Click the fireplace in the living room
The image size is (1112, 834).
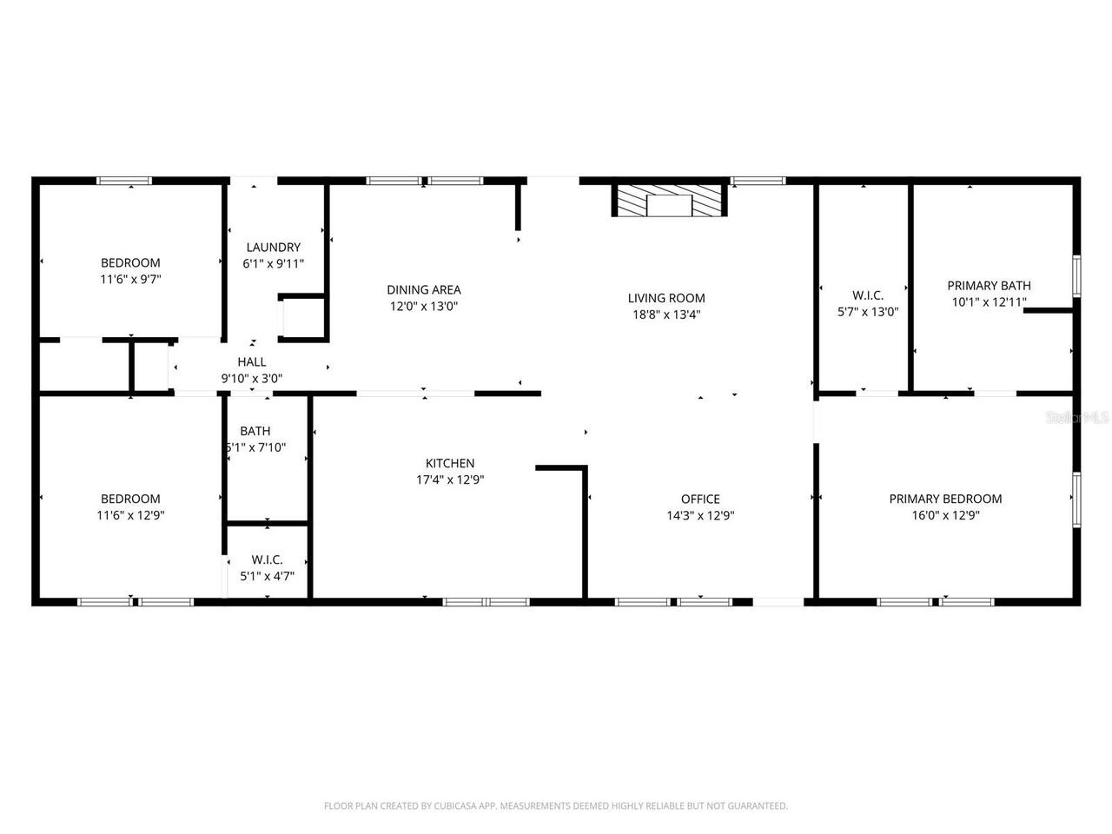(669, 201)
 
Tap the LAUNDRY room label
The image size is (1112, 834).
(273, 248)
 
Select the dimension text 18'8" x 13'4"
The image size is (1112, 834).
(666, 314)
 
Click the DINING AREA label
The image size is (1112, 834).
(424, 290)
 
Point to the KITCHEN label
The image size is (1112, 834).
(450, 464)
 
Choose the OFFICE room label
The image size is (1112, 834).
(700, 500)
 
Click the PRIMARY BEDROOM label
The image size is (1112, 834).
(945, 500)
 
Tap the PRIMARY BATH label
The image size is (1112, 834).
(989, 286)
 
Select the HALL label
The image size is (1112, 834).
(252, 362)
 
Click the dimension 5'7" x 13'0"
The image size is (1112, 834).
(867, 312)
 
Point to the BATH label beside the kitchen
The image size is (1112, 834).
(255, 431)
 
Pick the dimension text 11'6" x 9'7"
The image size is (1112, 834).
(130, 279)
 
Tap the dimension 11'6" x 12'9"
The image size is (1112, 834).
(130, 515)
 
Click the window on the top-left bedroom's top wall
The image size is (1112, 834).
(124, 181)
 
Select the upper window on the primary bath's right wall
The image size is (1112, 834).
(1076, 275)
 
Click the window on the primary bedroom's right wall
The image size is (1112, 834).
(1076, 500)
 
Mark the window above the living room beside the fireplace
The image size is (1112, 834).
(758, 181)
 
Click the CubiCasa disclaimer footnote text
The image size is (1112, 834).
(556, 806)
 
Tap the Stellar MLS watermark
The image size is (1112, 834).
(1077, 418)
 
